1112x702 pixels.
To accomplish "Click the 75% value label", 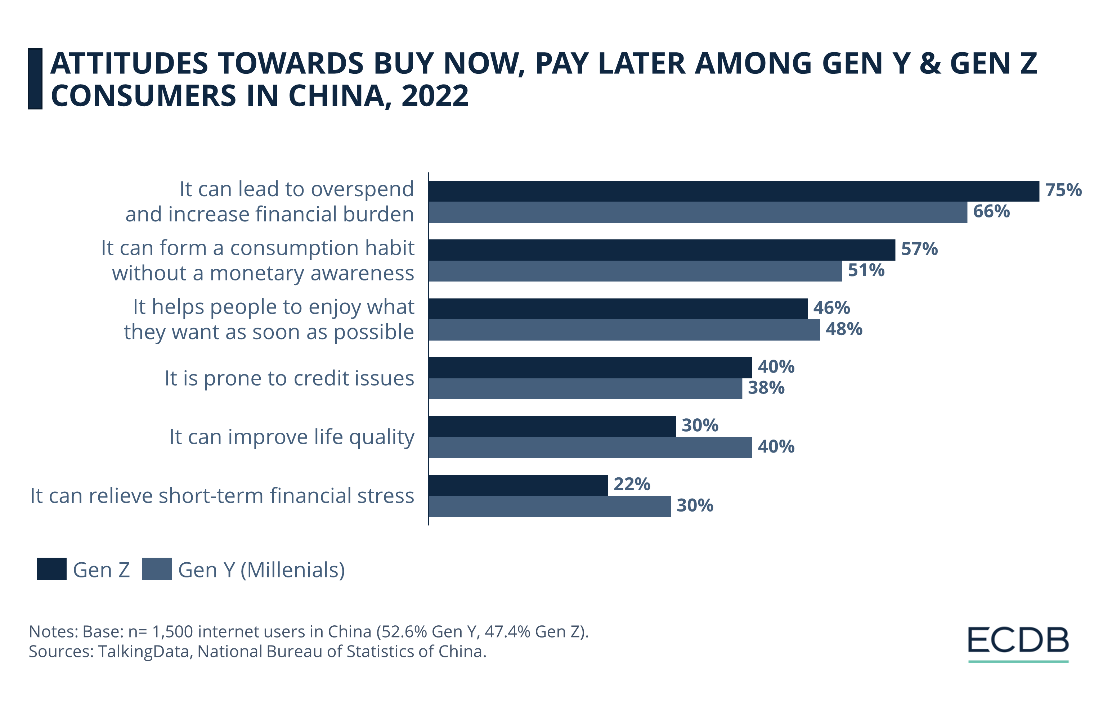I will (x=1063, y=190).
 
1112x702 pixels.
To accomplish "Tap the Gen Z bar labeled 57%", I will (x=661, y=250).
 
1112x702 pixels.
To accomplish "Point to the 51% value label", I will (x=866, y=270).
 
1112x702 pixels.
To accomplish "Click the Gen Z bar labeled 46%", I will (x=618, y=309).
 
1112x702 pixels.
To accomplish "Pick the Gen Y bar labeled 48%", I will (x=624, y=330).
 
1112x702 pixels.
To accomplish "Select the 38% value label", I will (x=766, y=388).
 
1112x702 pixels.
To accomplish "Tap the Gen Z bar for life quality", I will (x=552, y=427).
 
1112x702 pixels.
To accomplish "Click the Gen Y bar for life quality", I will (x=590, y=448).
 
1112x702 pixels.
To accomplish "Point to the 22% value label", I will (x=631, y=485).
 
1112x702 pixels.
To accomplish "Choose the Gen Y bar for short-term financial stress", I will (x=550, y=506).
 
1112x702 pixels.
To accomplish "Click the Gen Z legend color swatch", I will (x=52, y=569).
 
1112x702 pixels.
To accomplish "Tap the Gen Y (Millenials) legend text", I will (x=261, y=570).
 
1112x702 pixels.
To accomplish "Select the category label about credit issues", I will (x=289, y=378).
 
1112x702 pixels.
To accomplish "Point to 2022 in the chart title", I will (x=435, y=96).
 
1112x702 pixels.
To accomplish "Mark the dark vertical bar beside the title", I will (x=35, y=79).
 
